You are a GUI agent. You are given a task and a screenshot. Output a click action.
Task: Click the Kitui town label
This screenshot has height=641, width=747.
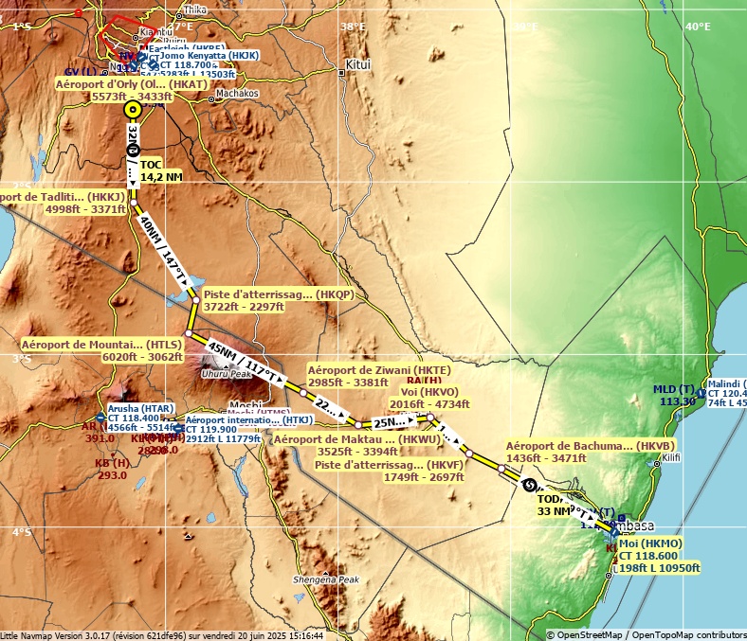point(358,64)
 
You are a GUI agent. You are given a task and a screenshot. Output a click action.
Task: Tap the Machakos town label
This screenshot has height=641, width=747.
point(237,94)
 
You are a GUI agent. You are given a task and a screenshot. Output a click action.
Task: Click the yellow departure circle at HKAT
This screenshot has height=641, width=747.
point(133,109)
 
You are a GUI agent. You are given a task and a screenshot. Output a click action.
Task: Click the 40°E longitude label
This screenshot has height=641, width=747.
point(698,27)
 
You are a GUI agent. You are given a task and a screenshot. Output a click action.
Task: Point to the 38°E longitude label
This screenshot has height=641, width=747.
point(353,27)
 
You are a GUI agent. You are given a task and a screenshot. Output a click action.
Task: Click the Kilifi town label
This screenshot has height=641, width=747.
point(671,457)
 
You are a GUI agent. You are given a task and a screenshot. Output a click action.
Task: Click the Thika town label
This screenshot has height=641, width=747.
point(194,9)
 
